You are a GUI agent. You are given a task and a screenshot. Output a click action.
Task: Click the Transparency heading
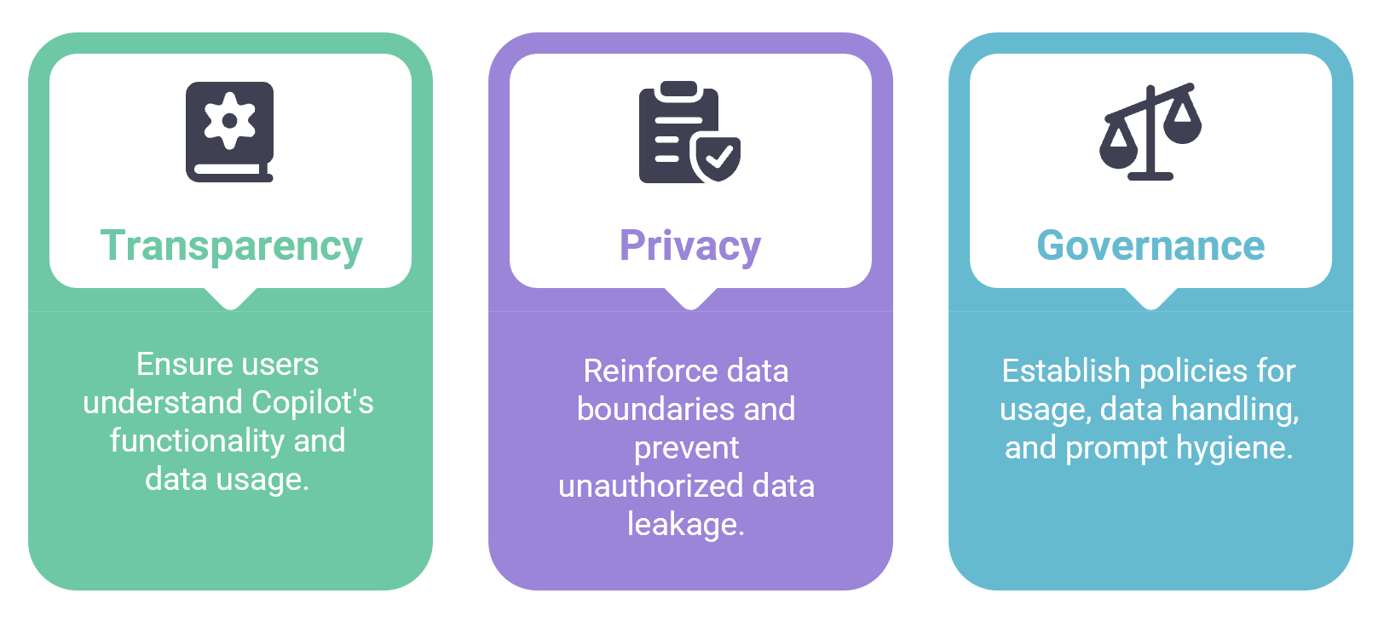pyautogui.click(x=231, y=246)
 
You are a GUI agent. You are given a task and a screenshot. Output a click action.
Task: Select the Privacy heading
pyautogui.click(x=689, y=246)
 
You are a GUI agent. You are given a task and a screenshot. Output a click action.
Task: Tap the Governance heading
pyautogui.click(x=1150, y=246)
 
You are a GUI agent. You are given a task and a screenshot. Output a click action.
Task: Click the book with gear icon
pyautogui.click(x=229, y=131)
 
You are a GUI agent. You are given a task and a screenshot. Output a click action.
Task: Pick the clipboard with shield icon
pyautogui.click(x=689, y=132)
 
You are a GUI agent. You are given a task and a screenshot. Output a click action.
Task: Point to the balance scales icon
pyautogui.click(x=1150, y=131)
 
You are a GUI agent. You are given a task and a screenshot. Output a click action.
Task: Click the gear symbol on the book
pyautogui.click(x=228, y=121)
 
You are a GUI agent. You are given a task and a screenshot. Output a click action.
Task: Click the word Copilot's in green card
pyautogui.click(x=312, y=402)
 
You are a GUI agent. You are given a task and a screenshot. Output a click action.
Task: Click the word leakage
pyautogui.click(x=684, y=525)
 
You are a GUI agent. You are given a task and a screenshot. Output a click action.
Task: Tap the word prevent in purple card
pyautogui.click(x=686, y=448)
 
